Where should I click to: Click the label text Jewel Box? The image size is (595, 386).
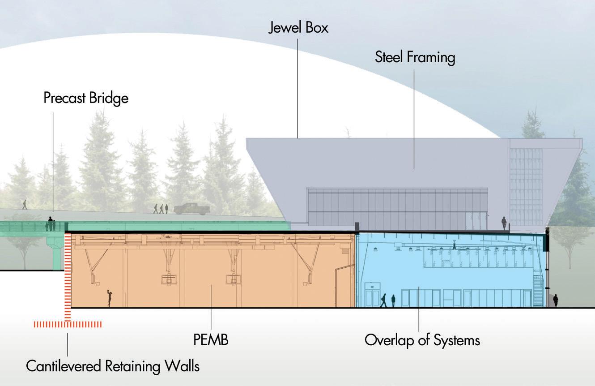(298, 28)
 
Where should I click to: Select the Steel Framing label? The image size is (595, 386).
(415, 57)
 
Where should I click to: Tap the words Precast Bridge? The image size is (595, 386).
(86, 98)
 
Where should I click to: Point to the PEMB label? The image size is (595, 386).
(211, 340)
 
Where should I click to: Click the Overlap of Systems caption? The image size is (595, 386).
(422, 340)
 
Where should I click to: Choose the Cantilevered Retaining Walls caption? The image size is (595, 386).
(112, 366)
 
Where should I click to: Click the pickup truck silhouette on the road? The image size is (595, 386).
(192, 209)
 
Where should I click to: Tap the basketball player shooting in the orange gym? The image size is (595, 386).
(109, 298)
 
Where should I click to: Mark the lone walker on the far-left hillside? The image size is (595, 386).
(25, 204)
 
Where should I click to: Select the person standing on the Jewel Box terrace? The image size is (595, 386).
(504, 223)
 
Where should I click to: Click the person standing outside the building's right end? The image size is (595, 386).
(556, 300)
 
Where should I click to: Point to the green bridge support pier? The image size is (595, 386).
(57, 253)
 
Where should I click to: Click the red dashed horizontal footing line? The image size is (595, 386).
(68, 324)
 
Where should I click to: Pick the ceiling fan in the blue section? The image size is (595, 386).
(453, 246)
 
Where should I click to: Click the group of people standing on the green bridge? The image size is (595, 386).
(51, 225)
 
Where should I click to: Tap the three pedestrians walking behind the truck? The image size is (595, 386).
(161, 209)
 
